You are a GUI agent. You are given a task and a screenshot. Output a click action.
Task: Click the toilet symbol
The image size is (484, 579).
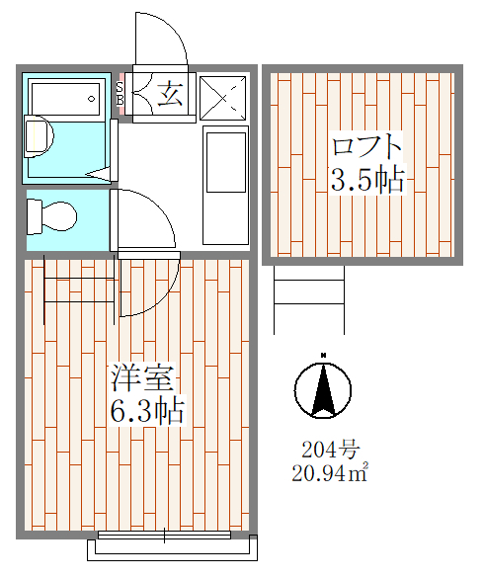coord(51,216)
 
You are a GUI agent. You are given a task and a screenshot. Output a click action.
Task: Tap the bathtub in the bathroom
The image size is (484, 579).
coord(66,99)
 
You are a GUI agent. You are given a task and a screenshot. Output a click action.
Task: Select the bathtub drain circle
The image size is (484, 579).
coord(91,99)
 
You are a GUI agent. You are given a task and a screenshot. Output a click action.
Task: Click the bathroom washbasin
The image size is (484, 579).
coord(39,136)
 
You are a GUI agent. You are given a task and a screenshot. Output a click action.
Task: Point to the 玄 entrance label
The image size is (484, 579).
coord(170,94)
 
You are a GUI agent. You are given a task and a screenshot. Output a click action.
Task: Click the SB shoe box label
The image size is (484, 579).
coord(120,94)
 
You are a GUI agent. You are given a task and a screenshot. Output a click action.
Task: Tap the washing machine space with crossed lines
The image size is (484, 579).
coord(222,98)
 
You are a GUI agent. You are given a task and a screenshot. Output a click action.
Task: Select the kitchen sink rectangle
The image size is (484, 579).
coord(226,162)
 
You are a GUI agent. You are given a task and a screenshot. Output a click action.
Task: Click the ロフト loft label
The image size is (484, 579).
coord(366,146)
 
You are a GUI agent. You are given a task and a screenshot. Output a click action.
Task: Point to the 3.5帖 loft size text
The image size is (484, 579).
coord(367,180)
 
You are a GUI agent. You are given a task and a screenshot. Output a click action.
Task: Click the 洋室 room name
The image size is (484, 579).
coord(143,377)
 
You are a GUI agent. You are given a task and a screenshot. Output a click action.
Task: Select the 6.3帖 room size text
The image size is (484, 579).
coord(147,409)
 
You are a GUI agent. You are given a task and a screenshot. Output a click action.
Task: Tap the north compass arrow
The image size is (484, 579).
coord(323,389)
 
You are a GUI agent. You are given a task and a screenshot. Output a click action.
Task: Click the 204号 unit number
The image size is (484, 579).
coord(331,450)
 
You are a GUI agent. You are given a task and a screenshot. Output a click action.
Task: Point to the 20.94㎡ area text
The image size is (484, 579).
coord(330,472)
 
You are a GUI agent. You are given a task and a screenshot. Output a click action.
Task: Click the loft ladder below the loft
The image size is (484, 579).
coord(309,299)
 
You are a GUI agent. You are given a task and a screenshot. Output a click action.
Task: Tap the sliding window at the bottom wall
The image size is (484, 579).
coord(164,536)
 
